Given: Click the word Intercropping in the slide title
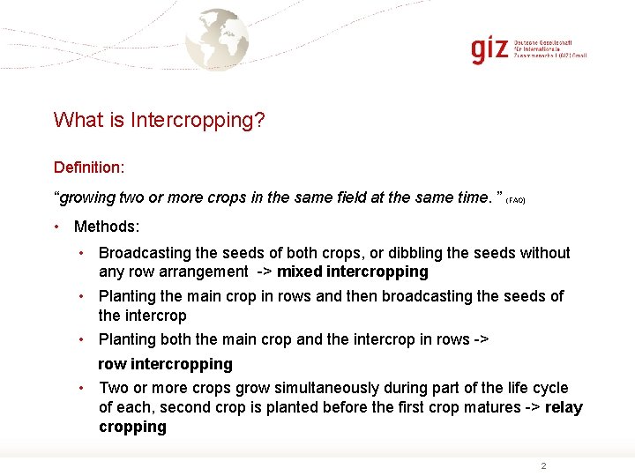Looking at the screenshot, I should pos(198,120).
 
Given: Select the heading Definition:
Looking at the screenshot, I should pos(89,167).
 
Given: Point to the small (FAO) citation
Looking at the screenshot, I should pos(516,201).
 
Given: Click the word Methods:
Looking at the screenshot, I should pos(107,227).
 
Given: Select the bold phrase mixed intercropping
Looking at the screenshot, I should pos(353,271).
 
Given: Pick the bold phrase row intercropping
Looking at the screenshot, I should pos(165,364).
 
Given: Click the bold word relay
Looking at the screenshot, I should pos(564,407).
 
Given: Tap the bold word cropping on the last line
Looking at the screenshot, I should pos(132,427).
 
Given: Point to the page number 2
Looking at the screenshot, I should pos(543,465).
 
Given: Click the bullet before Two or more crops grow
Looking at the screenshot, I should pos(81,388).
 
